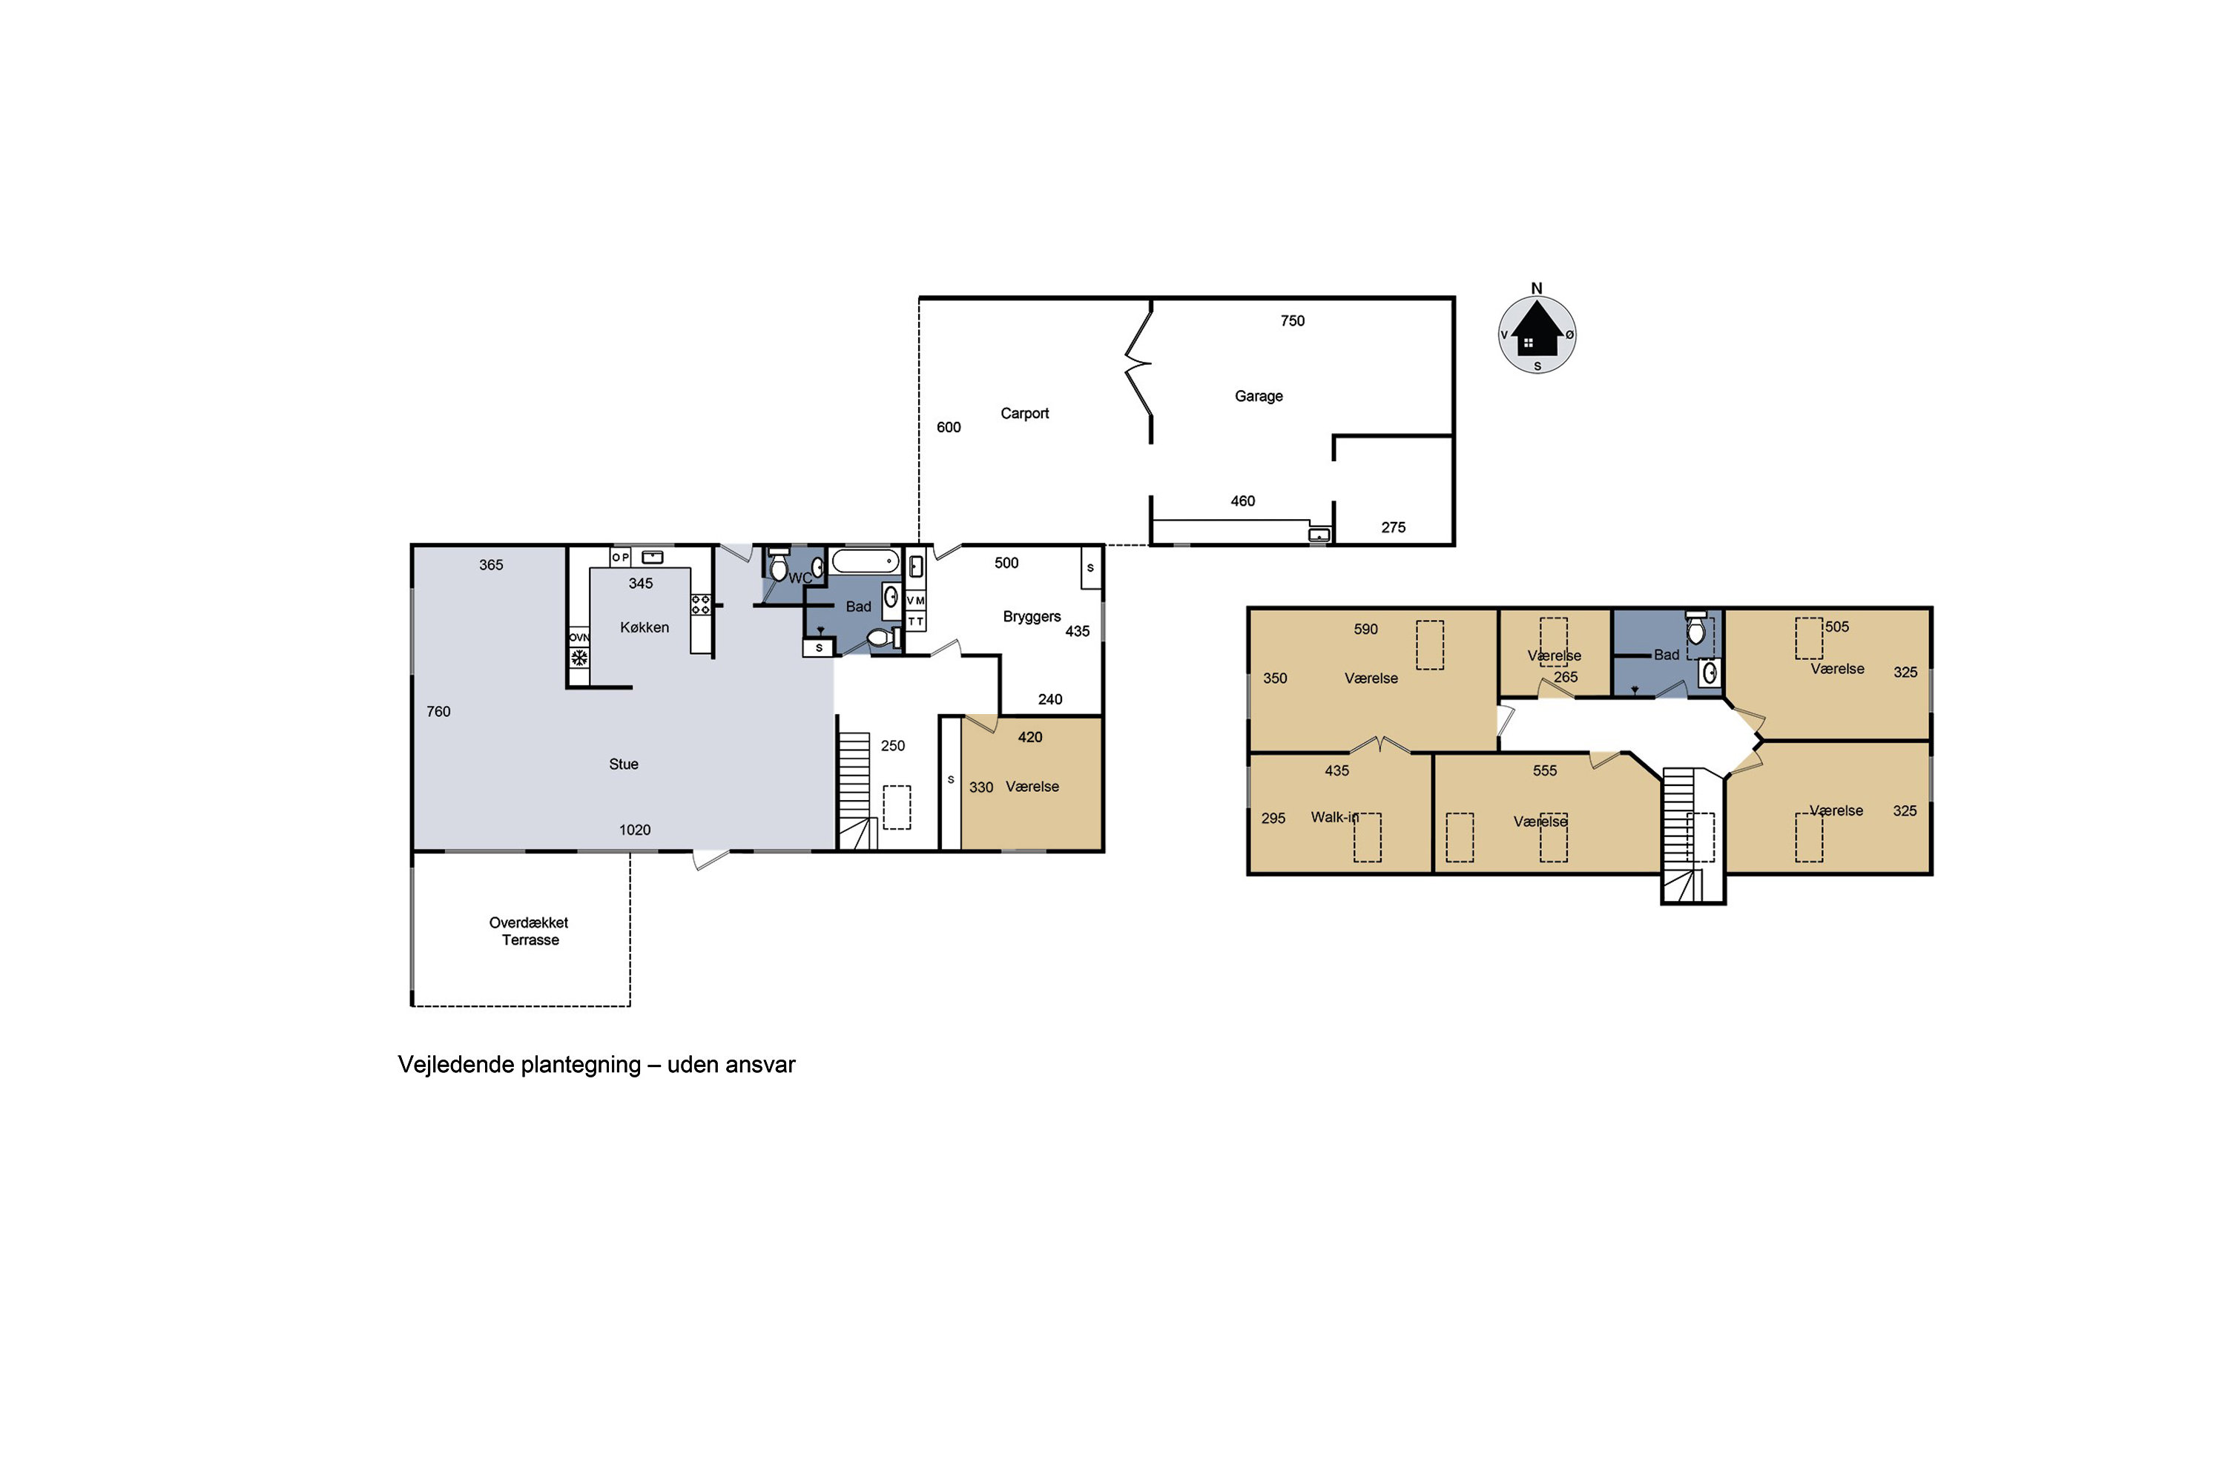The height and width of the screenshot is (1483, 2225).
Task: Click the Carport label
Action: pos(1024,413)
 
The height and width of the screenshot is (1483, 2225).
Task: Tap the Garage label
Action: pos(1258,396)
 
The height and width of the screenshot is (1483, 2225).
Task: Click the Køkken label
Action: pos(645,627)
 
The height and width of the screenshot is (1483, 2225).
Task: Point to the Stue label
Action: pos(624,764)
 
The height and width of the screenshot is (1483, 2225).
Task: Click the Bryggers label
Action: pos(1032,617)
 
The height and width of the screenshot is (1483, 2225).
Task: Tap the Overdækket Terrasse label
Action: pos(529,931)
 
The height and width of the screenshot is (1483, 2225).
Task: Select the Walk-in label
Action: pos(1334,817)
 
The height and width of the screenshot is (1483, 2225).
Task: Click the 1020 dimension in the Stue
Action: pos(635,830)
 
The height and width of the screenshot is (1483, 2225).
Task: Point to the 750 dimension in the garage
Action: pos(1292,320)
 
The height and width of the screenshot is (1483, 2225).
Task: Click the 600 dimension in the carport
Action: pos(949,428)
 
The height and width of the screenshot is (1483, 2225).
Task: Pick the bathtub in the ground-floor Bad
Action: pos(866,561)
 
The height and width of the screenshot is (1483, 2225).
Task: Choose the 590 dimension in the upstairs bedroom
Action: pos(1366,629)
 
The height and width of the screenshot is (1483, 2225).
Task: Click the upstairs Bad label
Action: pos(1667,655)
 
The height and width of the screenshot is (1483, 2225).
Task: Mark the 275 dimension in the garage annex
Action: pos(1394,528)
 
